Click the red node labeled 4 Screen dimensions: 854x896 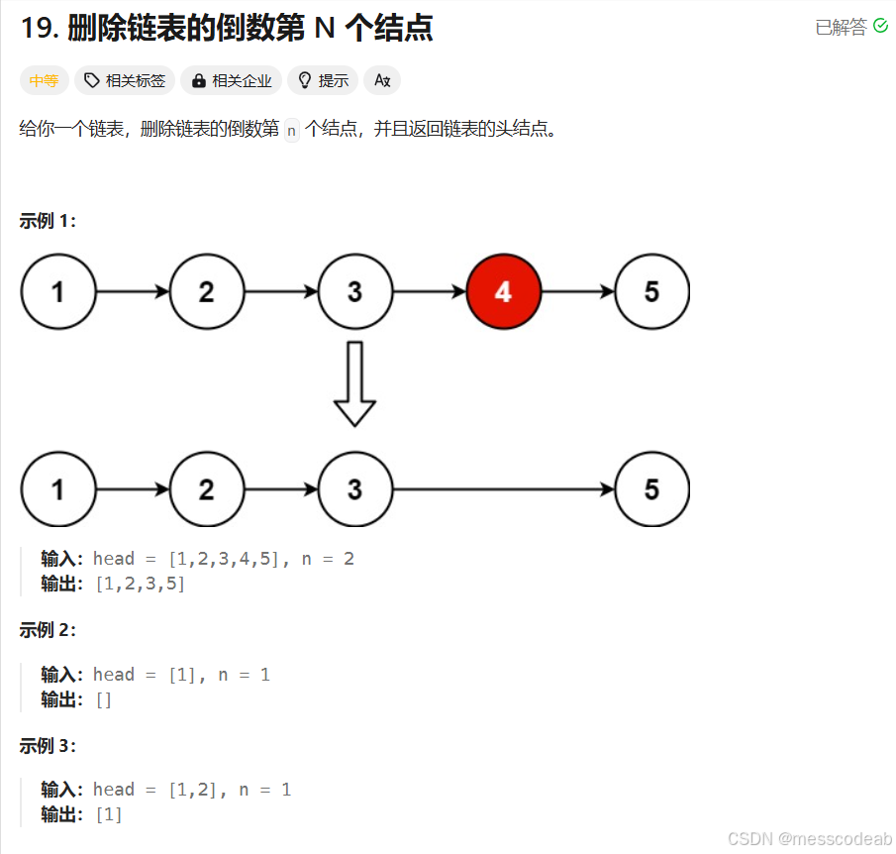503,291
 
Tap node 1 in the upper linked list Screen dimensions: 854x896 58,291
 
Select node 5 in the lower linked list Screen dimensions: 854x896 651,489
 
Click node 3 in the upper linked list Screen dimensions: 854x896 354,291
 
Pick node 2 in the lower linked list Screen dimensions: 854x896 206,489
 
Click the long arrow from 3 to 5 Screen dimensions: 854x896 503,489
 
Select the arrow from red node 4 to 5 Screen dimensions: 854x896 577,291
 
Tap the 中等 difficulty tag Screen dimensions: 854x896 44,81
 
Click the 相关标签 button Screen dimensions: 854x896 125,81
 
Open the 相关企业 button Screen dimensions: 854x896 232,81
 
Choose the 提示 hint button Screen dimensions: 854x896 323,81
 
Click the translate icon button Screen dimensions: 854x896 382,81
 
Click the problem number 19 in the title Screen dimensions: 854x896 39,28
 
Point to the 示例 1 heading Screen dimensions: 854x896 48,221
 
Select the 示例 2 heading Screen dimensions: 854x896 48,630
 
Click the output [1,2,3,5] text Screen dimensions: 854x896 140,584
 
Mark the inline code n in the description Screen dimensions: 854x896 291,130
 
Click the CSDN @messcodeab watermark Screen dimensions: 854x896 809,838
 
